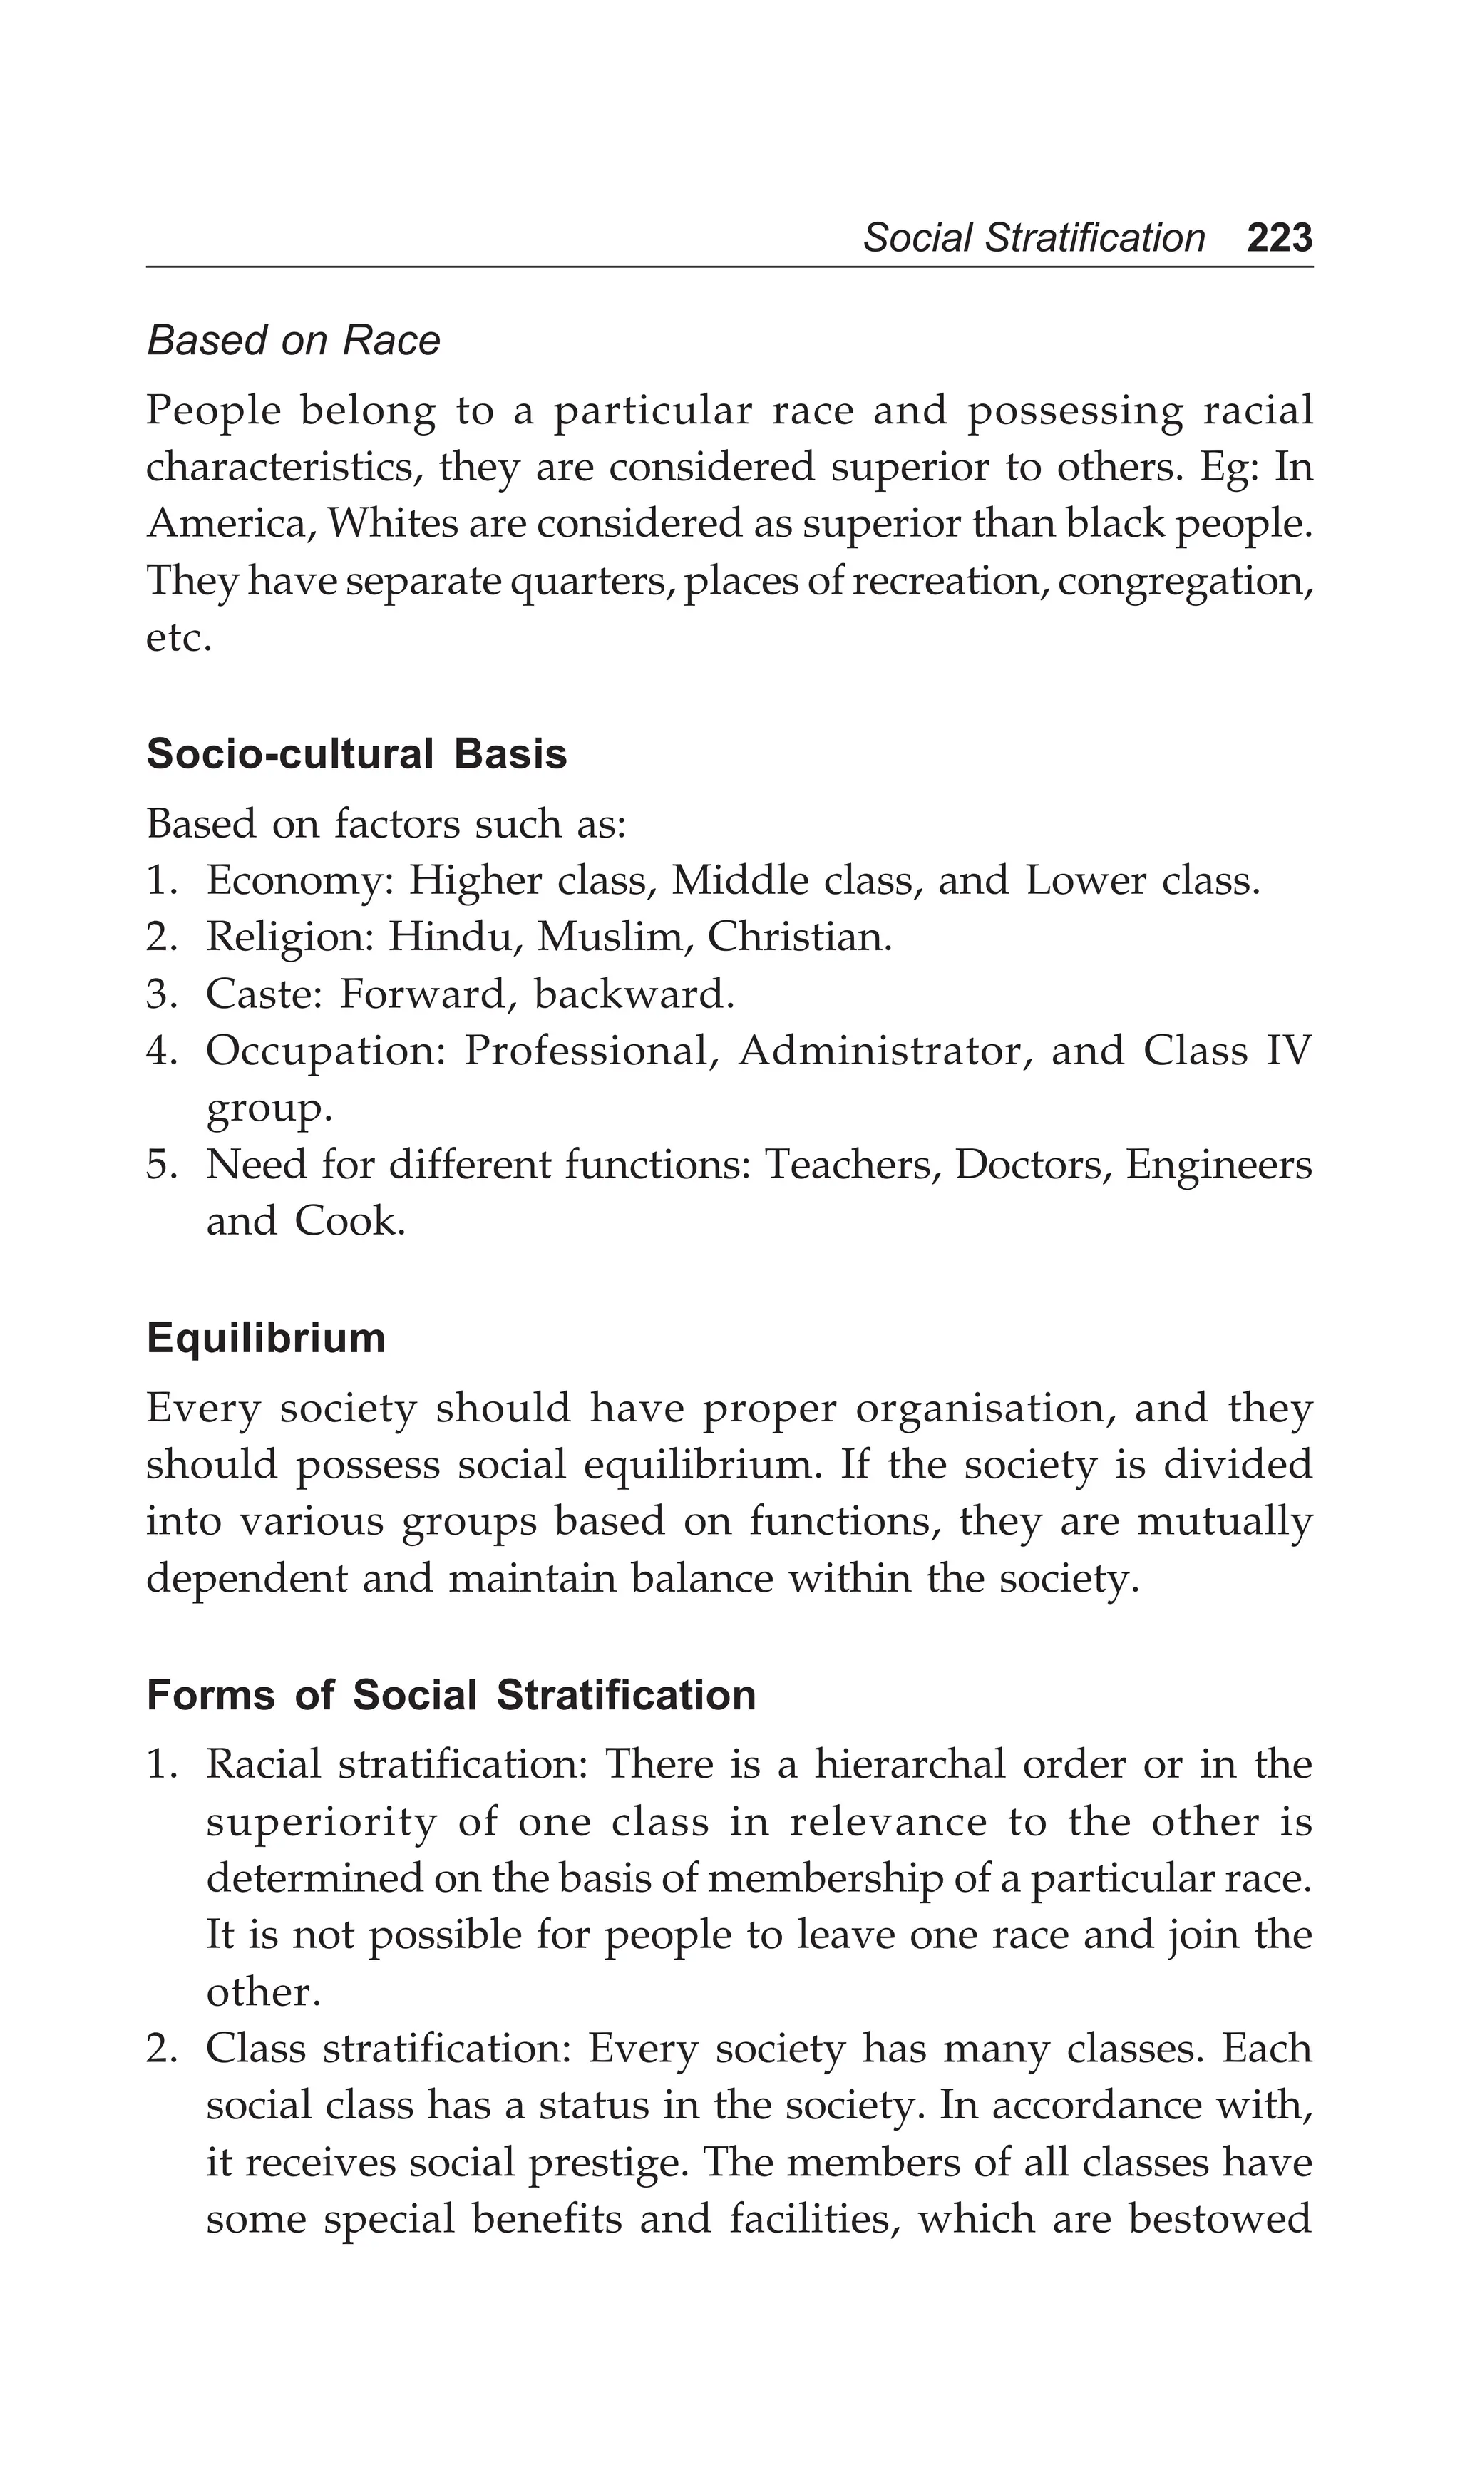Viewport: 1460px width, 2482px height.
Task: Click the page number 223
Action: pyautogui.click(x=1279, y=238)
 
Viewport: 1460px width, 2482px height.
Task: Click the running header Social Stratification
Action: pyautogui.click(x=1034, y=238)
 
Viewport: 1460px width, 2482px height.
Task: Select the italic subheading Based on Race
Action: pyautogui.click(x=292, y=341)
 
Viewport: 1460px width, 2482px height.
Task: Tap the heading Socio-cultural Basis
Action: pyautogui.click(x=356, y=754)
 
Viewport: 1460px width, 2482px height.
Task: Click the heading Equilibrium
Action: pyautogui.click(x=265, y=1339)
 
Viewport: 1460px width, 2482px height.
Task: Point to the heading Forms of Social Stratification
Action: pyautogui.click(x=451, y=1696)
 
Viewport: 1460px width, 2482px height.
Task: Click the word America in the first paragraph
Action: pyautogui.click(x=230, y=524)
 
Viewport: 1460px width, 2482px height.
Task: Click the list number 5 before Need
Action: pyautogui.click(x=158, y=1166)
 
